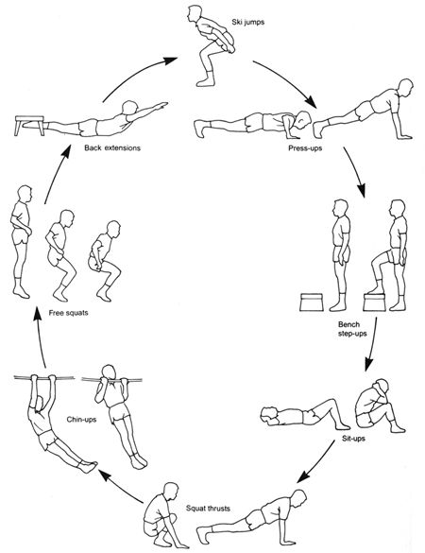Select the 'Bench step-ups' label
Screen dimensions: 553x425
pos(350,329)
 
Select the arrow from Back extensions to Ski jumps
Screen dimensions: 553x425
pos(127,78)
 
